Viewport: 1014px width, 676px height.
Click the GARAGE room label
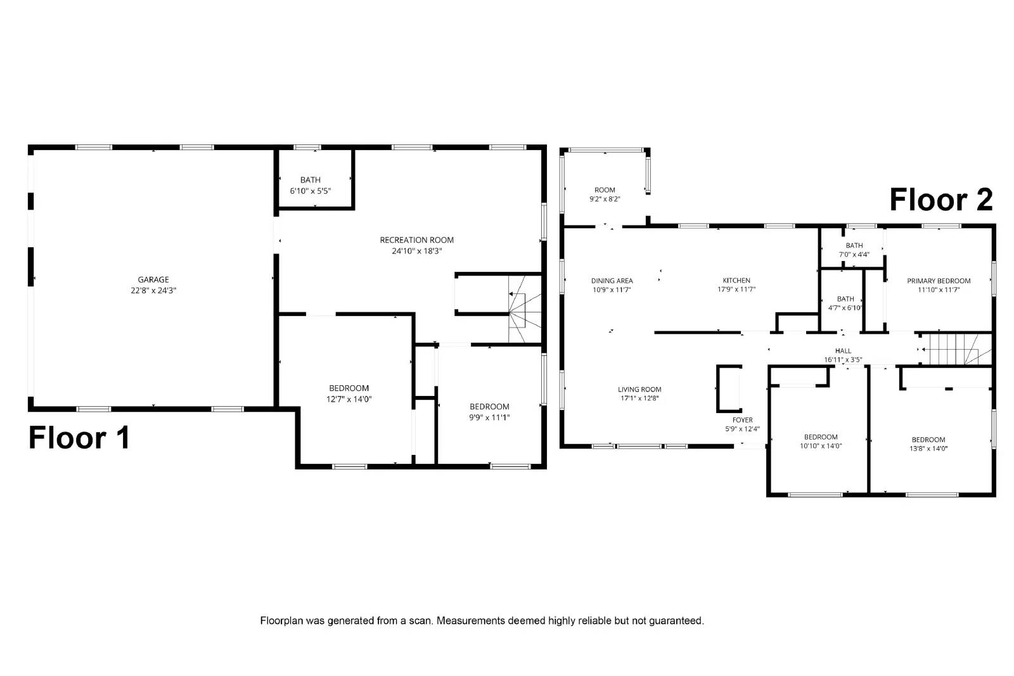click(x=153, y=279)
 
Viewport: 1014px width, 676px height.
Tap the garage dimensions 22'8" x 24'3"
click(x=153, y=291)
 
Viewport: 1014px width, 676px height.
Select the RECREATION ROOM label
click(x=416, y=240)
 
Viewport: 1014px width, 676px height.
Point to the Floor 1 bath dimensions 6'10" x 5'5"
click(x=310, y=191)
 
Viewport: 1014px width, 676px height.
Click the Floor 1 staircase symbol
click(x=525, y=309)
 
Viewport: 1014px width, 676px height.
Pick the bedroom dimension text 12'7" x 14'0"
click(x=349, y=399)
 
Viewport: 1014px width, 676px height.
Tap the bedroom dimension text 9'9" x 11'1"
click(x=489, y=418)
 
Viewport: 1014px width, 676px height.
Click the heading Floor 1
click(x=79, y=438)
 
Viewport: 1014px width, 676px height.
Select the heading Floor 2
click(x=941, y=200)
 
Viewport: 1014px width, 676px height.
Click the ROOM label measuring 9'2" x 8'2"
click(x=605, y=190)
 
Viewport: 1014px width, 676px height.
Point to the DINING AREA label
click(x=612, y=281)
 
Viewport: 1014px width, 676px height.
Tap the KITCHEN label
click(x=736, y=280)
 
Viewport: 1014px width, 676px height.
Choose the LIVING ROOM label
click(x=639, y=389)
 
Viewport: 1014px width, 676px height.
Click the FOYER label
click(x=742, y=420)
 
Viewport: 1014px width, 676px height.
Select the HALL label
click(x=843, y=350)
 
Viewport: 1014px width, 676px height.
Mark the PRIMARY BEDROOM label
click(x=939, y=281)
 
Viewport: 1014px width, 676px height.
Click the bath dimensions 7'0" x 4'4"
click(x=854, y=255)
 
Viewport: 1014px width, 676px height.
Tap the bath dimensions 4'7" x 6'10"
click(x=845, y=308)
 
